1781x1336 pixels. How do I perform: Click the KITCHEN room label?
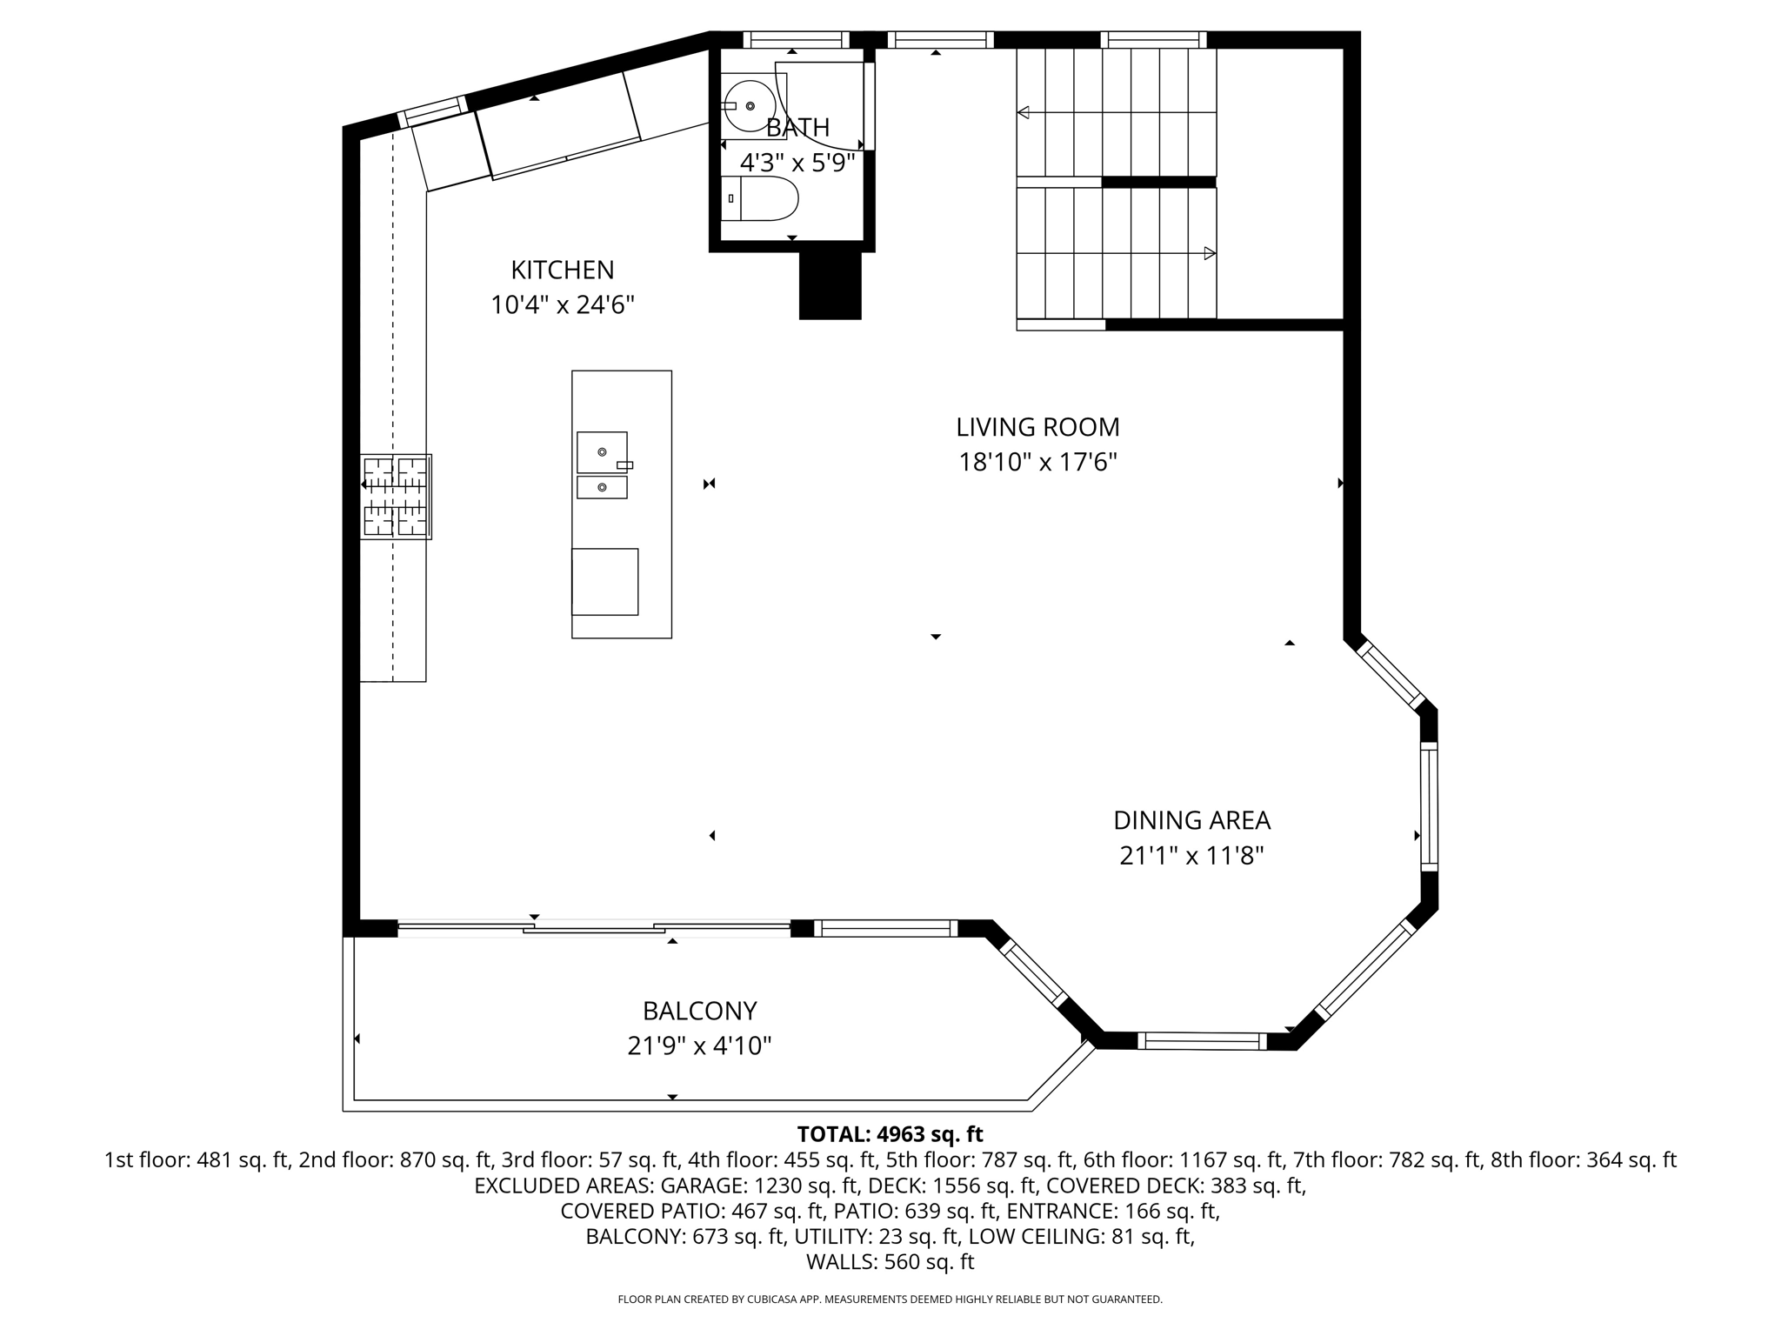tap(562, 271)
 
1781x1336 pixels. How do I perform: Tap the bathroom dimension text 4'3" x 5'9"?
tap(797, 163)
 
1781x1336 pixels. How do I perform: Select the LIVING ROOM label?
tap(1037, 427)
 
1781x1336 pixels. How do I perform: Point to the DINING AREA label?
tap(1191, 820)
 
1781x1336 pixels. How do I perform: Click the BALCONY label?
tap(699, 1011)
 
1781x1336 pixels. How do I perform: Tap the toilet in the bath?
tap(761, 198)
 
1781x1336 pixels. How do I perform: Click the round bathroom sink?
tap(749, 105)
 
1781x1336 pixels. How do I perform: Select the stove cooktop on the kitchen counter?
tap(396, 497)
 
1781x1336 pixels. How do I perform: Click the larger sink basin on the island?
tap(602, 452)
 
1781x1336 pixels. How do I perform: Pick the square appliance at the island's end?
tap(604, 582)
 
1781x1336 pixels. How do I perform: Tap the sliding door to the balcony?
tap(594, 929)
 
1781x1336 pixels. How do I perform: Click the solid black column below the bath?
tap(830, 285)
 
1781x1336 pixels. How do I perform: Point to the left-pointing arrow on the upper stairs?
tap(1024, 112)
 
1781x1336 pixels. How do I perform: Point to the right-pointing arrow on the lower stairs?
tap(1209, 253)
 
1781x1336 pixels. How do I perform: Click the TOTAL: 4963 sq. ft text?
tap(890, 1134)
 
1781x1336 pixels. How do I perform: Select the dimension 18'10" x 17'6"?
tap(1037, 462)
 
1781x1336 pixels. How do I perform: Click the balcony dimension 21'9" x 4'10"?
tap(699, 1045)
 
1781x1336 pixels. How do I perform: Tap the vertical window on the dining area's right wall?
tap(1429, 806)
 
